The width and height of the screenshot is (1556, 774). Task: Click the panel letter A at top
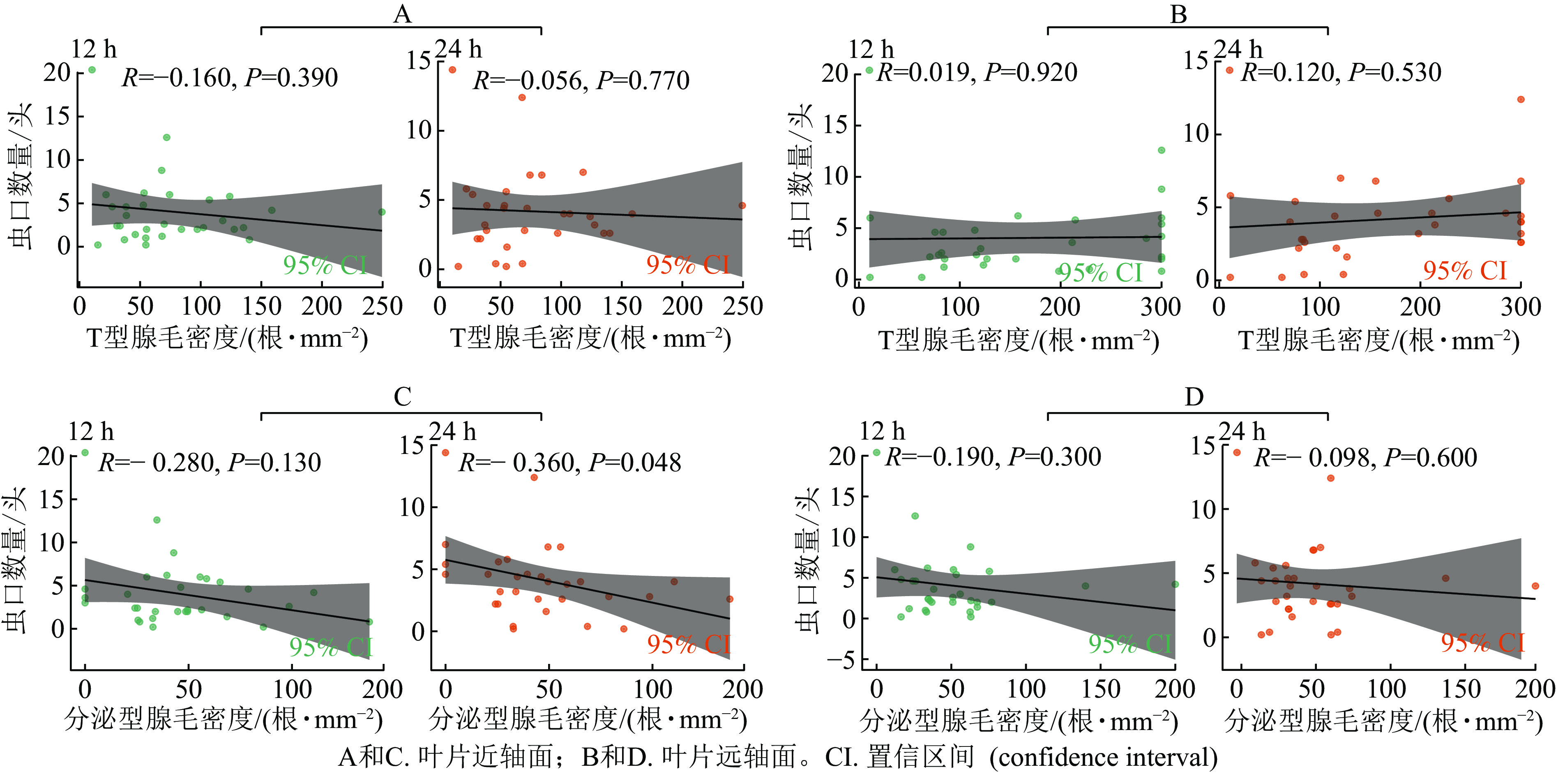[x=402, y=13]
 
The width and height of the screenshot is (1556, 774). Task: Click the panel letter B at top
[x=1178, y=13]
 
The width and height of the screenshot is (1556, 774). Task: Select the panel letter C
[x=402, y=397]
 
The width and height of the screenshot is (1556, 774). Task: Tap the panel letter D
[x=1194, y=397]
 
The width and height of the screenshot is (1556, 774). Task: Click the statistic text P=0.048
[x=635, y=463]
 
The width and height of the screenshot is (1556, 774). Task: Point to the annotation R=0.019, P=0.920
[x=977, y=72]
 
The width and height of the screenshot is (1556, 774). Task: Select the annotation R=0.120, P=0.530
[x=1341, y=72]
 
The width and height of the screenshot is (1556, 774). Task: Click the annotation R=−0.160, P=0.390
[x=230, y=77]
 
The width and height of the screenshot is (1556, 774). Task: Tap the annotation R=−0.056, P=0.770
[x=581, y=80]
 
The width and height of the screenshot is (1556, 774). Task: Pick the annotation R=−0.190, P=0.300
[x=992, y=457]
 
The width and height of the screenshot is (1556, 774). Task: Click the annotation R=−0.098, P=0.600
[x=1365, y=458]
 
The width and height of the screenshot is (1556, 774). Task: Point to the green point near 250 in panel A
[x=382, y=212]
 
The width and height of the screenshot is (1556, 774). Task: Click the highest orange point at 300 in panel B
[x=1521, y=99]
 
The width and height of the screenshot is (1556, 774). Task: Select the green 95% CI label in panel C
[x=331, y=647]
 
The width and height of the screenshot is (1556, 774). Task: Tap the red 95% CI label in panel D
[x=1483, y=643]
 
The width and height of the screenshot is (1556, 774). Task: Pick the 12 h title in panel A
[x=94, y=49]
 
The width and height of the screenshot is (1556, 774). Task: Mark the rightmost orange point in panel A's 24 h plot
[x=742, y=205]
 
